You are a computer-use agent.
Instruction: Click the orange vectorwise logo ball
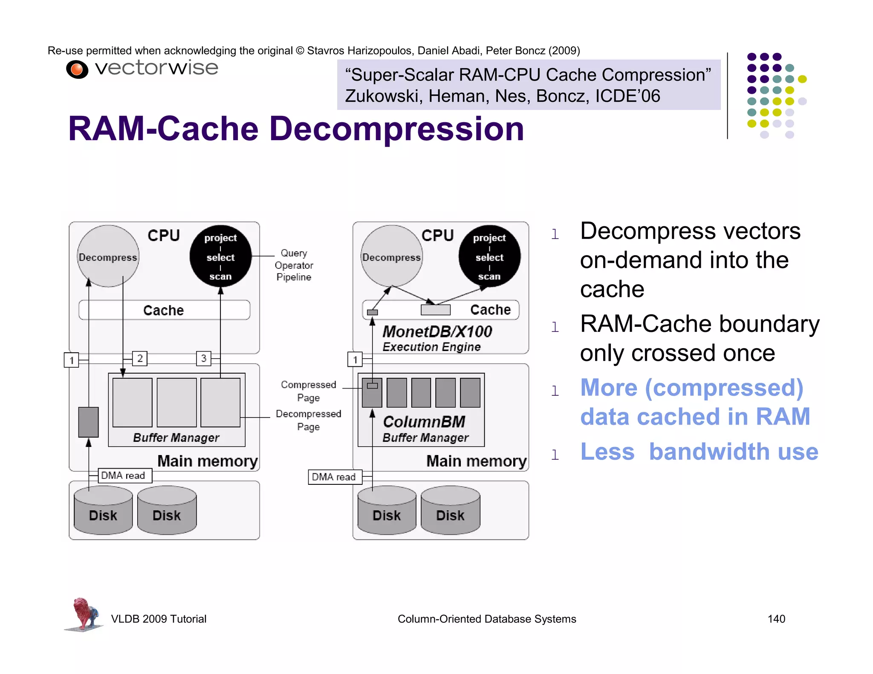tap(77, 69)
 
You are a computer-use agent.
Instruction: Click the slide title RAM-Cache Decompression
tap(296, 129)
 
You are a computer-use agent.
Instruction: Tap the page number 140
tap(776, 619)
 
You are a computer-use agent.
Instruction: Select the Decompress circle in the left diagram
tap(108, 256)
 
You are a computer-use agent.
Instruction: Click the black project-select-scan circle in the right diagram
tap(489, 256)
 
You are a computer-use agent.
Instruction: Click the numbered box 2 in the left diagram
tap(140, 358)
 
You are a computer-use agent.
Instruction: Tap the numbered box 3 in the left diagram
tap(204, 358)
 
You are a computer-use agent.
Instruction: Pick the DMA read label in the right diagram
tap(334, 477)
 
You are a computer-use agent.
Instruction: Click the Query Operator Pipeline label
tap(294, 265)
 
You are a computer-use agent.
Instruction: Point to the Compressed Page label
tap(308, 391)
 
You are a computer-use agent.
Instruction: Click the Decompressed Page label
tap(308, 420)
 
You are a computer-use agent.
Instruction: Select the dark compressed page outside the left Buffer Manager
tap(88, 422)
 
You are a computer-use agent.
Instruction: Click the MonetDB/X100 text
tap(437, 331)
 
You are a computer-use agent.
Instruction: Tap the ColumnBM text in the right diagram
tap(424, 421)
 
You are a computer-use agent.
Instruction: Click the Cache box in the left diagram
tap(164, 310)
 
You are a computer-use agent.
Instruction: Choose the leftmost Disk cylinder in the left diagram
tap(103, 511)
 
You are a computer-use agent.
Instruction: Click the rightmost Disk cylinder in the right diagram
tap(450, 511)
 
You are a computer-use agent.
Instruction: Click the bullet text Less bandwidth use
tap(699, 452)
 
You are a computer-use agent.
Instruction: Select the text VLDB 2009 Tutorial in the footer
tap(159, 619)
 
